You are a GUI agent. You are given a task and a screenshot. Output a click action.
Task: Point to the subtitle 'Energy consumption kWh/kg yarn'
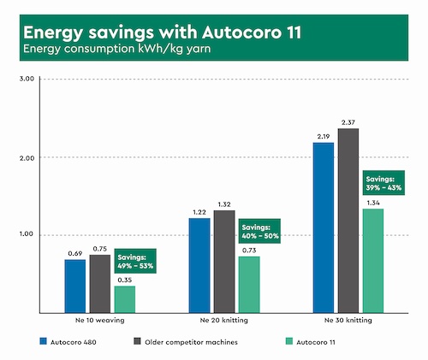point(115,50)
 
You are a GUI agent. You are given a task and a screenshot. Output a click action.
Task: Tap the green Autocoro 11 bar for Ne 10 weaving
point(124,298)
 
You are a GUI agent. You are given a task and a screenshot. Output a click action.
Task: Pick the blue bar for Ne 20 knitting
point(199,265)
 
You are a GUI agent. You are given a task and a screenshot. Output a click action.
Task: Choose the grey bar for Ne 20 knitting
point(223,261)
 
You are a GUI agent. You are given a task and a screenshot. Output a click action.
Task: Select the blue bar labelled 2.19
point(324,227)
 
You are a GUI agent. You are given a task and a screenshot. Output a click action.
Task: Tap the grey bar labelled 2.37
point(348,220)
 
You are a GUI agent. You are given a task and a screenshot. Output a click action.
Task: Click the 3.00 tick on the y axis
point(26,79)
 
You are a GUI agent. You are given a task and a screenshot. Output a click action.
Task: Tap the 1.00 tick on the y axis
point(26,234)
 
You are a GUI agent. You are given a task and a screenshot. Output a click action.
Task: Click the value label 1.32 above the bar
point(223,204)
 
